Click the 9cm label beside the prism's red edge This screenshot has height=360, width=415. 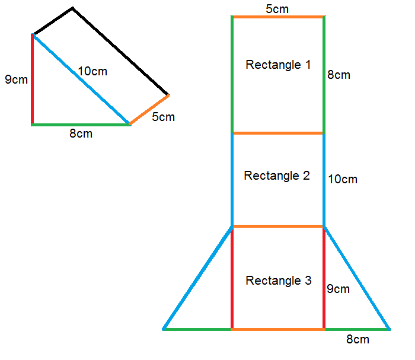click(16, 79)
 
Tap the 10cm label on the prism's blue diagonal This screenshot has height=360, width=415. click(92, 71)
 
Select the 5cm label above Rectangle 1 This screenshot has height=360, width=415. click(277, 8)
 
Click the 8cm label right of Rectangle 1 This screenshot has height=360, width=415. click(339, 75)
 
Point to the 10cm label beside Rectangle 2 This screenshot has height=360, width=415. click(342, 179)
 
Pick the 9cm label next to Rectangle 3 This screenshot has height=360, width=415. click(339, 289)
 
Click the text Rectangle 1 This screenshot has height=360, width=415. click(278, 65)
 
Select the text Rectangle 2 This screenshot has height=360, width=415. click(277, 176)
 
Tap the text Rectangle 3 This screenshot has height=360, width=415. click(278, 281)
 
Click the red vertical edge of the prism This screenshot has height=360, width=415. click(33, 80)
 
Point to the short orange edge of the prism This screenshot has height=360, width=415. click(149, 110)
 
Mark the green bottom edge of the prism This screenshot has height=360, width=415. click(80, 125)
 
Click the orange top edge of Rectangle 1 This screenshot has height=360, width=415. click(277, 17)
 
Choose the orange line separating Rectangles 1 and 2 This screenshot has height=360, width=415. click(277, 133)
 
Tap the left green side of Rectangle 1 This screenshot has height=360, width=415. click(231, 74)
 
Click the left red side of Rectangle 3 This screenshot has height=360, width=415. click(231, 277)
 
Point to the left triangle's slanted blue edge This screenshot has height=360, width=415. click(197, 278)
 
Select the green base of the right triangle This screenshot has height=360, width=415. click(357, 329)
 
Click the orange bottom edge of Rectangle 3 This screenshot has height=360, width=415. click(277, 329)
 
